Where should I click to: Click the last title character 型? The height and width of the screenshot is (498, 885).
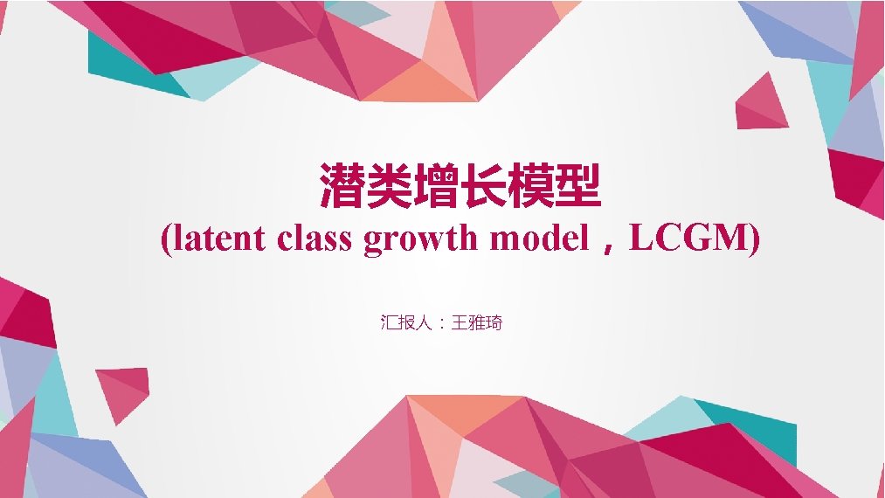[x=578, y=184]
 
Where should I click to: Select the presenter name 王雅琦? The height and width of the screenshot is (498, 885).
[x=478, y=323]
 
